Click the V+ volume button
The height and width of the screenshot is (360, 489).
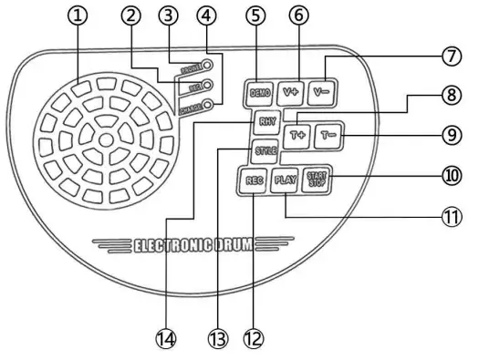[291, 91]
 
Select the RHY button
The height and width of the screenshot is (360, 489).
[265, 120]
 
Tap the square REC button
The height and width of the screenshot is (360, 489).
[254, 180]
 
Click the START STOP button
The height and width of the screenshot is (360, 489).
[316, 180]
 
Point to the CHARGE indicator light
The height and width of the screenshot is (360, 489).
[209, 107]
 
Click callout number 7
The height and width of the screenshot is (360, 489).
[449, 57]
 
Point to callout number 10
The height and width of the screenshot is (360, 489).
[449, 175]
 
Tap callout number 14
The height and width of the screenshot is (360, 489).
[165, 338]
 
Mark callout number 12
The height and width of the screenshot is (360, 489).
[253, 338]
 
